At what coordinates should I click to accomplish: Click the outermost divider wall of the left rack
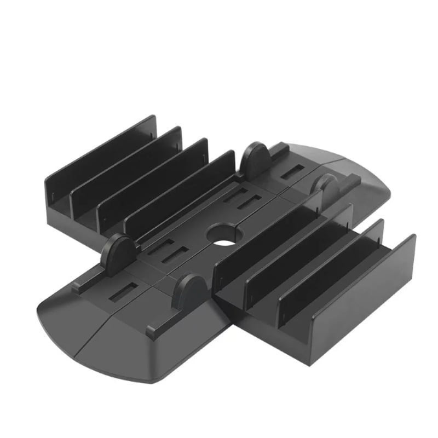pyautogui.click(x=101, y=148)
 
